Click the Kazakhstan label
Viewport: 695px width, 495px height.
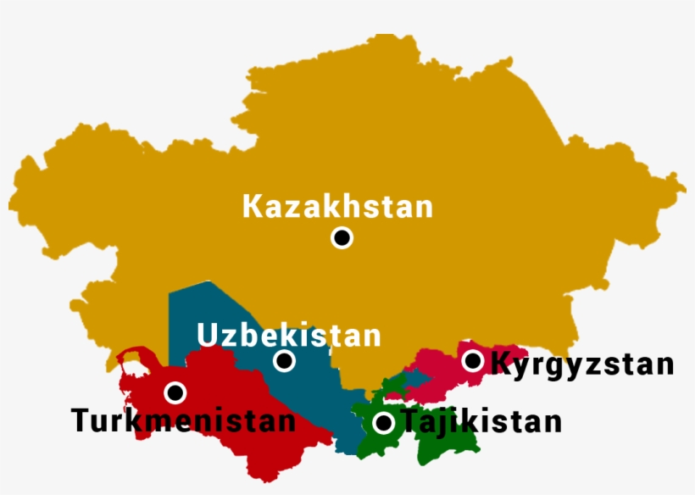tap(337, 207)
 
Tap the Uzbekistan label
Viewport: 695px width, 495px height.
tap(289, 336)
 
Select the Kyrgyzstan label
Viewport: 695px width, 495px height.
tap(583, 364)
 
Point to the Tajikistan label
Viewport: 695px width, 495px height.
tap(481, 421)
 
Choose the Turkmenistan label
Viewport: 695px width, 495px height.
tap(183, 420)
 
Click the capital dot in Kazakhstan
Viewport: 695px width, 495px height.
tap(342, 238)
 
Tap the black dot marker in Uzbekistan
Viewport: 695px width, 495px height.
tap(285, 362)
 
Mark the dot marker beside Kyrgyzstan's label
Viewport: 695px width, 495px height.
tap(472, 361)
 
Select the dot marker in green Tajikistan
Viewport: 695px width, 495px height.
tap(384, 422)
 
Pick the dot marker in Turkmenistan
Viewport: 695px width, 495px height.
tap(175, 392)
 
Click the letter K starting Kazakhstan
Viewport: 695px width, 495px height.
tap(252, 207)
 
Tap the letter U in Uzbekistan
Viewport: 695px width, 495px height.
tap(207, 336)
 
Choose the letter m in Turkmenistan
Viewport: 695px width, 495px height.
tap(171, 421)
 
